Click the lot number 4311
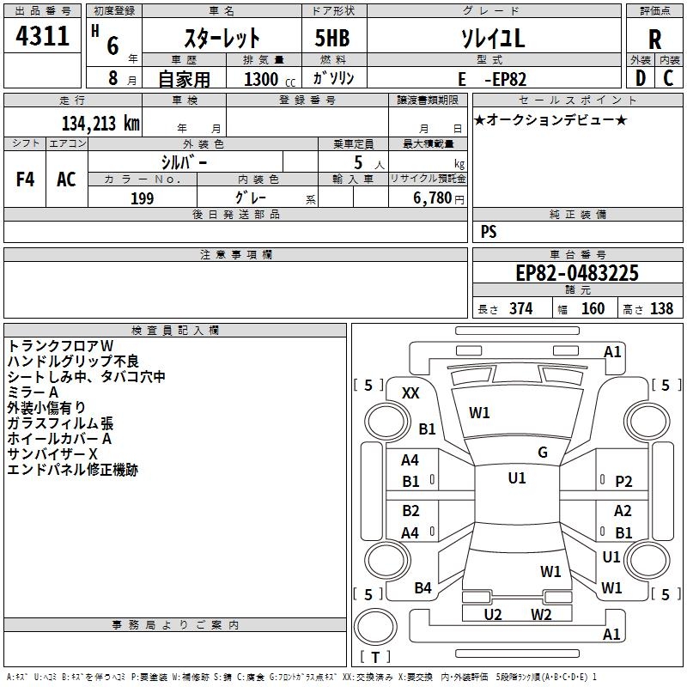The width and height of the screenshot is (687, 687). [x=43, y=37]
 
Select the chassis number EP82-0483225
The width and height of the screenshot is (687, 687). [x=576, y=273]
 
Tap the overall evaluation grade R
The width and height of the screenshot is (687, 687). [x=654, y=39]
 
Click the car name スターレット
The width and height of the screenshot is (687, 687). [x=222, y=39]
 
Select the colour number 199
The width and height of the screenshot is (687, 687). [x=142, y=198]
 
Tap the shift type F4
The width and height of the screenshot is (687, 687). [x=26, y=179]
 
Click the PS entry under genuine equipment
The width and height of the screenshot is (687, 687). [x=489, y=232]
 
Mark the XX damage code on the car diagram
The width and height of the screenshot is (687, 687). [x=410, y=392]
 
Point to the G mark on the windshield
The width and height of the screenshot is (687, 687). [x=542, y=453]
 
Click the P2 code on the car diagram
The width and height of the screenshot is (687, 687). [x=623, y=482]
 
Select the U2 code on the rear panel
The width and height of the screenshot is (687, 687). [x=493, y=614]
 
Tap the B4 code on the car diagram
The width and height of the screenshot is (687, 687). [x=423, y=588]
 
